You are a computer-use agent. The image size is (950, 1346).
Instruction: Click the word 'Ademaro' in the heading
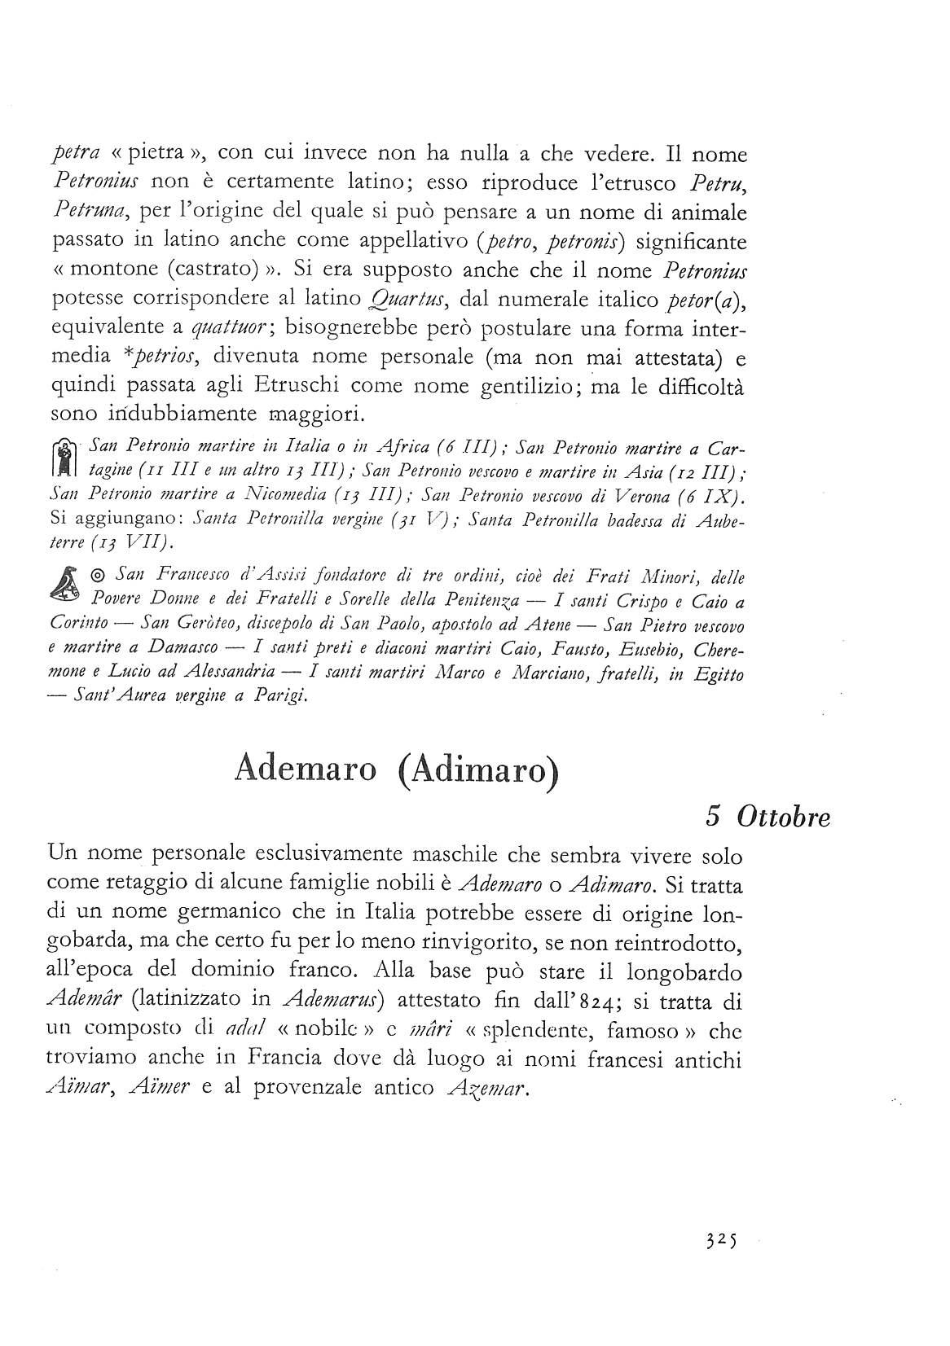click(x=305, y=768)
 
